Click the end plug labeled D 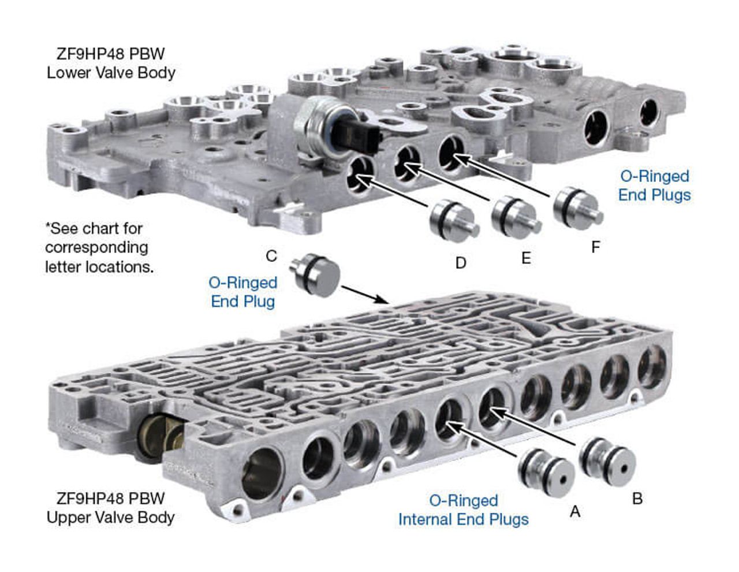point(453,220)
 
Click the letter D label point(460,263)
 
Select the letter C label point(271,256)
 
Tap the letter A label point(574,511)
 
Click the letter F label point(595,247)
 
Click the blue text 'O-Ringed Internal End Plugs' point(463,510)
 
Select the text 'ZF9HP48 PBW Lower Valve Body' point(111,64)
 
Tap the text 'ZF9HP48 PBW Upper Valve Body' point(110,508)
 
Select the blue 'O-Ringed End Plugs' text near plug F point(654,185)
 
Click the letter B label point(637,499)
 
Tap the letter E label point(525,258)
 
